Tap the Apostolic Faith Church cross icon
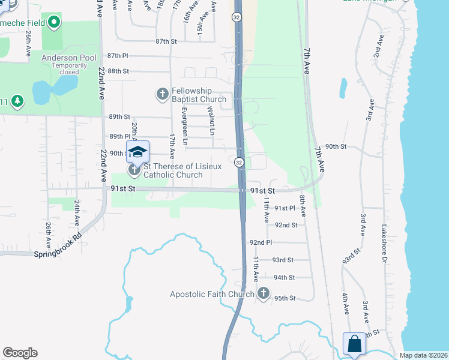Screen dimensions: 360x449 click(x=263, y=293)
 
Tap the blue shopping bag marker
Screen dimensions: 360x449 click(x=354, y=344)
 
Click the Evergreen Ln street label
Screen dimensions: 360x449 click(x=185, y=127)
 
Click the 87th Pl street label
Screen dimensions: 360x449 click(x=118, y=56)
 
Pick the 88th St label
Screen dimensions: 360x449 click(x=118, y=71)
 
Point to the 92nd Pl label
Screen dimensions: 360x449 click(x=261, y=242)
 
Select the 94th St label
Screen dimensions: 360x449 click(x=284, y=278)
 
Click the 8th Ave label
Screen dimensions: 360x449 click(x=302, y=206)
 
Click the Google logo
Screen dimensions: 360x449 click(x=20, y=353)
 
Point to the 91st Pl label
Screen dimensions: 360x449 click(x=285, y=208)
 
